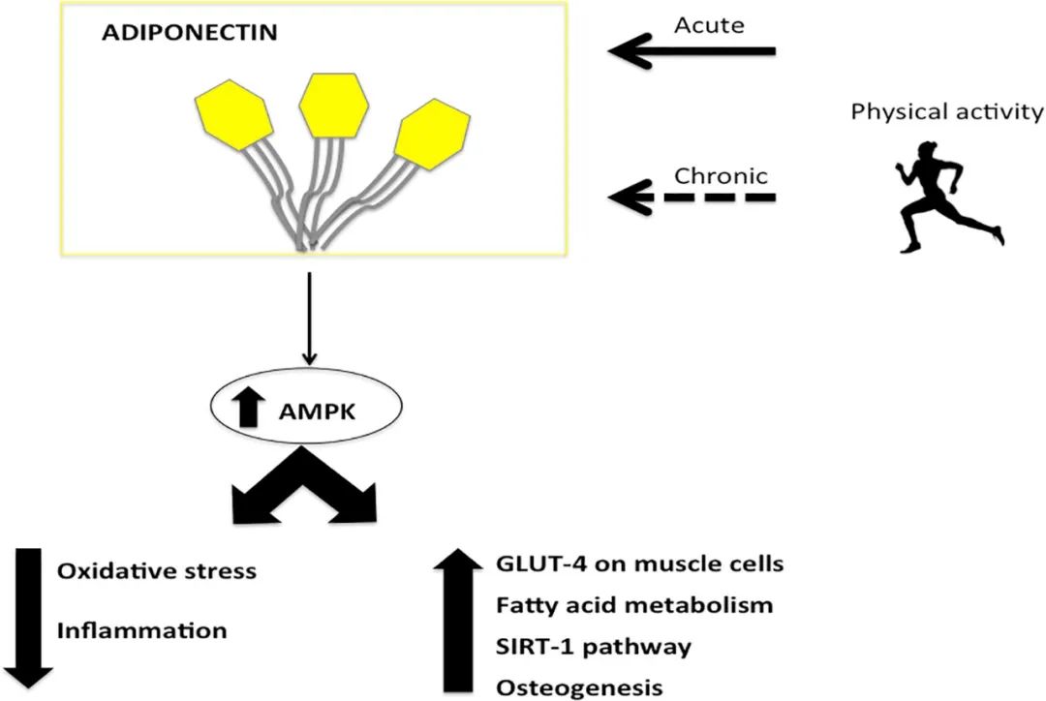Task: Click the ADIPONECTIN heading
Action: [190, 33]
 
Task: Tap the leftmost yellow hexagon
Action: [233, 114]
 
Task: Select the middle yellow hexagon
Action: [333, 105]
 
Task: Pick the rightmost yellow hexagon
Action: [432, 134]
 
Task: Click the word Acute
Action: [709, 25]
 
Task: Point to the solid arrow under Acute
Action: [692, 50]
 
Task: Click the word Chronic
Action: [722, 176]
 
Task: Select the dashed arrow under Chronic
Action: [692, 197]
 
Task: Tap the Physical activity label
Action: [947, 112]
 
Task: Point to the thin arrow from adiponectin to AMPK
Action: [309, 319]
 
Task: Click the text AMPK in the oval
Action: [318, 411]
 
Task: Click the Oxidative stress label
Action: [157, 571]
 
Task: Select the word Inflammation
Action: [142, 631]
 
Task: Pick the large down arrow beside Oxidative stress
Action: [27, 618]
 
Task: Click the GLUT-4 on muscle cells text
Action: [640, 564]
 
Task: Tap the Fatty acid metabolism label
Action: [634, 605]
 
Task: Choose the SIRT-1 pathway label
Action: [594, 647]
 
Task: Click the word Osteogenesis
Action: [580, 687]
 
